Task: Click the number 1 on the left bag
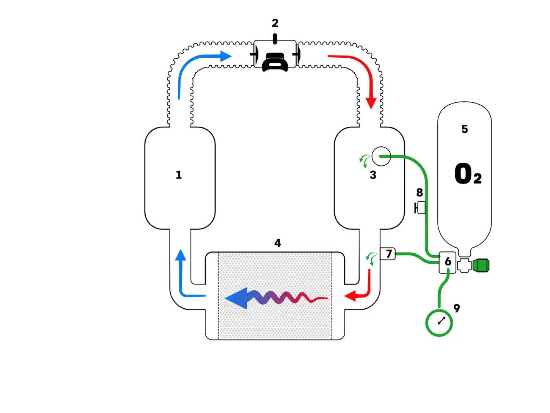pyautogui.click(x=178, y=175)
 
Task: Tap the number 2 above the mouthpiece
pyautogui.click(x=275, y=23)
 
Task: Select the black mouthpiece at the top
pyautogui.click(x=275, y=62)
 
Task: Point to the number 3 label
pyautogui.click(x=373, y=175)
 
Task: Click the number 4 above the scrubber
pyautogui.click(x=277, y=243)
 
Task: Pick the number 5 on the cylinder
pyautogui.click(x=465, y=129)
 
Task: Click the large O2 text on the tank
pyautogui.click(x=467, y=173)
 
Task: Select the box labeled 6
pyautogui.click(x=447, y=262)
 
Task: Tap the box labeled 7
pyautogui.click(x=387, y=254)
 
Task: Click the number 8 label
pyautogui.click(x=420, y=193)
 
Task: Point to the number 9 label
pyautogui.click(x=456, y=308)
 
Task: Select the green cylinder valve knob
pyautogui.click(x=481, y=265)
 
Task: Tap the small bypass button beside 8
pyautogui.click(x=420, y=208)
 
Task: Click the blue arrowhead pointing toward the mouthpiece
pyautogui.click(x=226, y=56)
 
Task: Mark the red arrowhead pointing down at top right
pyautogui.click(x=371, y=103)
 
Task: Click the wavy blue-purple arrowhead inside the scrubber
pyautogui.click(x=236, y=299)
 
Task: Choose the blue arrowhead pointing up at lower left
pyautogui.click(x=180, y=255)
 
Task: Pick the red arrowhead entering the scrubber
pyautogui.click(x=350, y=296)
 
